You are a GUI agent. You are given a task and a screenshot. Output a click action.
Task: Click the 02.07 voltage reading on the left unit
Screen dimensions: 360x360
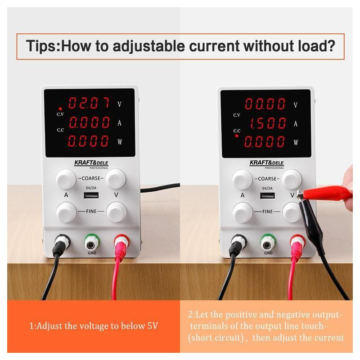(x=89, y=103)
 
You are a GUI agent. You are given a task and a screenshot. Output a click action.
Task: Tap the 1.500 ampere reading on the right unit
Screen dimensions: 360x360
(x=268, y=123)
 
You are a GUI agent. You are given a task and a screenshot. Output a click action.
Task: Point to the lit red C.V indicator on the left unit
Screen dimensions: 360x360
(x=60, y=108)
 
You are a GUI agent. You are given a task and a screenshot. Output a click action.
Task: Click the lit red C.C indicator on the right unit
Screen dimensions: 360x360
(x=237, y=136)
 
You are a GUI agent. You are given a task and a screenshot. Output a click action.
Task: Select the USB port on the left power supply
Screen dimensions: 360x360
(x=91, y=195)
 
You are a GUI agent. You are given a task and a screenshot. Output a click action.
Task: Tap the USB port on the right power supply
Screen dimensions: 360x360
(x=267, y=196)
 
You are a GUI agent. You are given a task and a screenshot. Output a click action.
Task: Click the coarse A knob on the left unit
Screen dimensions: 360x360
(x=66, y=179)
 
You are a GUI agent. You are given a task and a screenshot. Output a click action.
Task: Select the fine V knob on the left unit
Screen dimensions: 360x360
(x=117, y=212)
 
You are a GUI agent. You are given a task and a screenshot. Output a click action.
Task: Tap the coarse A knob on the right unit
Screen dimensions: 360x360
(x=242, y=180)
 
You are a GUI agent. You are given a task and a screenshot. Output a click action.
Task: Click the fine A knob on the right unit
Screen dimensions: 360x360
(x=243, y=212)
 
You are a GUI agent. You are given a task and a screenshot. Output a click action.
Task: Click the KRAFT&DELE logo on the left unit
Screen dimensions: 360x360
(x=91, y=163)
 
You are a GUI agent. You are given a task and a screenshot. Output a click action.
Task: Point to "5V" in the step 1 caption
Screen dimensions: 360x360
(x=152, y=326)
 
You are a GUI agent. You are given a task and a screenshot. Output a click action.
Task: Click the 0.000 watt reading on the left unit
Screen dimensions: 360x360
(x=88, y=140)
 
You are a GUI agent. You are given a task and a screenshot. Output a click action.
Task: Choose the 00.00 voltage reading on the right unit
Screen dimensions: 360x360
(x=265, y=103)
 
